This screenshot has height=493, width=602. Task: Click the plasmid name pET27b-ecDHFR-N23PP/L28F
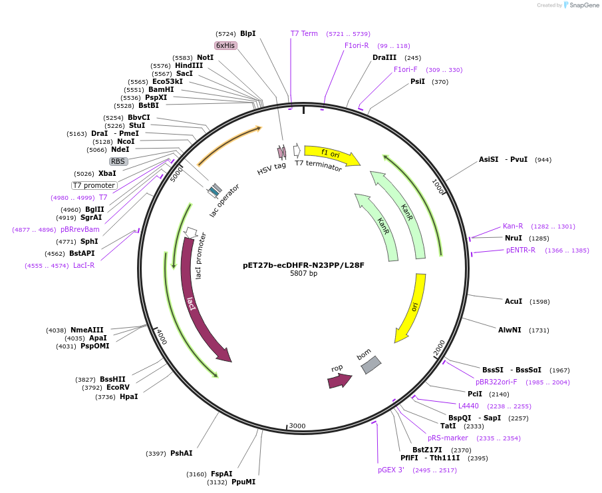pos(303,264)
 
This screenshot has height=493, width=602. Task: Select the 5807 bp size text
pos(303,273)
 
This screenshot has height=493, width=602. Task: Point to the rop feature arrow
pos(339,380)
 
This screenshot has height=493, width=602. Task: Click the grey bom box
pos(371,364)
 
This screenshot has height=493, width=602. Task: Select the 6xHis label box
pos(226,45)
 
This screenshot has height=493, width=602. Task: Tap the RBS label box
pos(118,161)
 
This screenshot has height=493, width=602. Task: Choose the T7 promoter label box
pos(94,185)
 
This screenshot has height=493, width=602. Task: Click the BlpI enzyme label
pos(247,33)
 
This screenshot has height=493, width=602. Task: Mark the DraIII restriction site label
pos(384,57)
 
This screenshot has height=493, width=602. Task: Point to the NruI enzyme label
pos(513,238)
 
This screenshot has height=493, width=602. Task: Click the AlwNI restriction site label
pos(510,330)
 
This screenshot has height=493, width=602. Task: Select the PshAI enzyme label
pos(181,453)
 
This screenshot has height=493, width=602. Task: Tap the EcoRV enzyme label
pos(118,387)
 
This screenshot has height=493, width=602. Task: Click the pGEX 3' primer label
pos(391,470)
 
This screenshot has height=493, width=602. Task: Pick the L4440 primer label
pos(468,406)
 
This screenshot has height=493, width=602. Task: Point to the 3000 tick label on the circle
pos(297,426)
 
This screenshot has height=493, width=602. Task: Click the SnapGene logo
pos(581,5)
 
